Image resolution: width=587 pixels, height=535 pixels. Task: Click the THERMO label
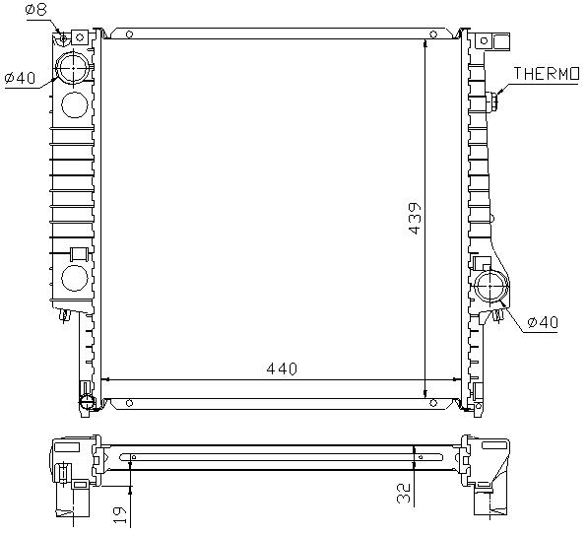pyautogui.click(x=547, y=74)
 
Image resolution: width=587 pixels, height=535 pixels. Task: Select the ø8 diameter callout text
pyautogui.click(x=35, y=9)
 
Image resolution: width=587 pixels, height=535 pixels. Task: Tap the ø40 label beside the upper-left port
pyautogui.click(x=20, y=78)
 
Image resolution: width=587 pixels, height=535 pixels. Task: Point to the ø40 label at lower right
pyautogui.click(x=543, y=322)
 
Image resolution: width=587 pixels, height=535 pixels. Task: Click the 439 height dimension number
pyautogui.click(x=415, y=219)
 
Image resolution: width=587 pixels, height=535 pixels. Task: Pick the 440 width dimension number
pyautogui.click(x=282, y=368)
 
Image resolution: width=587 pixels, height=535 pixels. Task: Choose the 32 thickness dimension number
pyautogui.click(x=405, y=493)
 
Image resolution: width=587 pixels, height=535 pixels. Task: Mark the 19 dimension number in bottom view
pyautogui.click(x=120, y=515)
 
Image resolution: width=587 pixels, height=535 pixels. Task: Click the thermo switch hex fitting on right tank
pyautogui.click(x=493, y=101)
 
